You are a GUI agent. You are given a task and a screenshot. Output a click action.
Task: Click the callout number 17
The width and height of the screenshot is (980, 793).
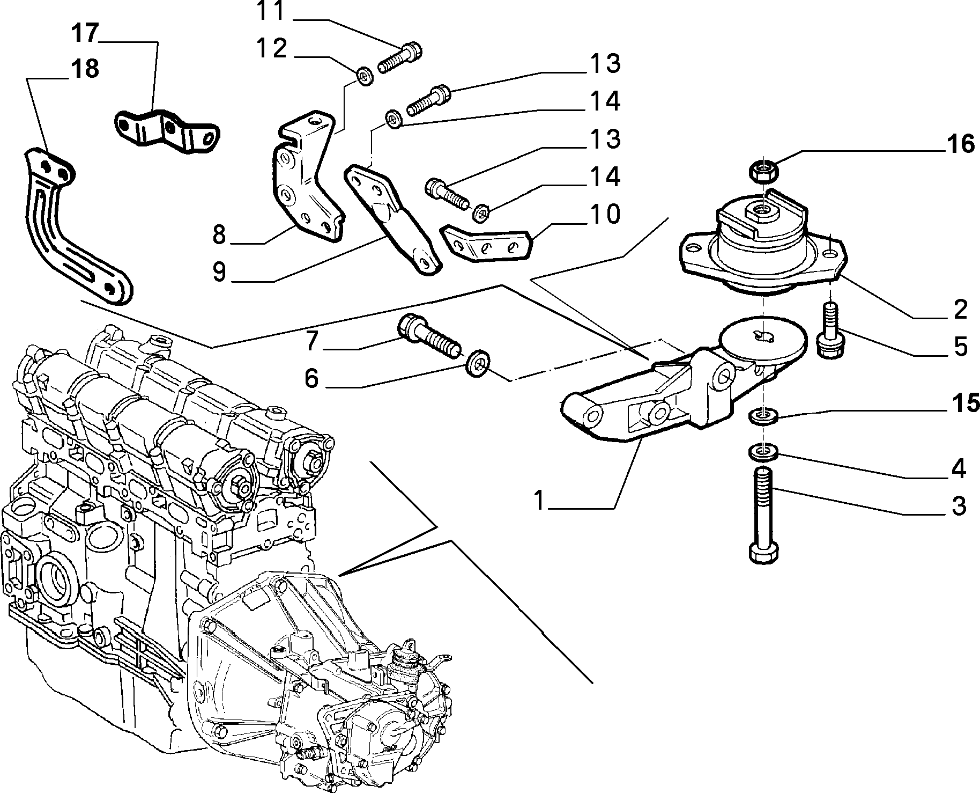coord(85,33)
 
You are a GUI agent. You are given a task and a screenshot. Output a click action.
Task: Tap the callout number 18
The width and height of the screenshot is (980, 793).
coord(84,69)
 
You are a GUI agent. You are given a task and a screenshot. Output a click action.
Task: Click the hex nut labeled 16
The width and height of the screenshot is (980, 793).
coord(763,170)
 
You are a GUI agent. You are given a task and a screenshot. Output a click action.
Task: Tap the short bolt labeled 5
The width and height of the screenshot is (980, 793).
coord(830,329)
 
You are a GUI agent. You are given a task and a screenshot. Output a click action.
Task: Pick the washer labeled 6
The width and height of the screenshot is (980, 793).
coord(476,363)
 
